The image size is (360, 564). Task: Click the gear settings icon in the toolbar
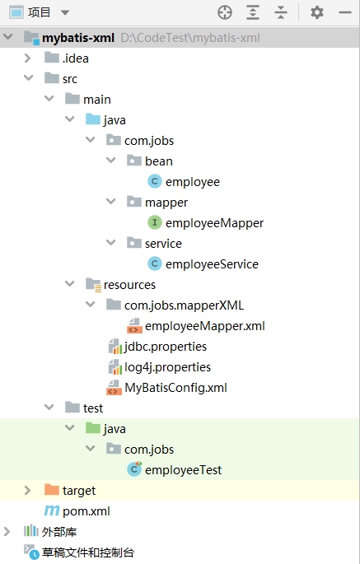(317, 12)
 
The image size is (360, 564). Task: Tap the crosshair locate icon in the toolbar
(225, 12)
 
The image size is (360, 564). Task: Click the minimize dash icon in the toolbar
(345, 12)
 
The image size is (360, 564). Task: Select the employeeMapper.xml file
(205, 326)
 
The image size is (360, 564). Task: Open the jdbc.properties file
(166, 347)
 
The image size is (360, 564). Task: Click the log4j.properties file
(167, 367)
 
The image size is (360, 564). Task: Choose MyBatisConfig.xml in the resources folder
(175, 388)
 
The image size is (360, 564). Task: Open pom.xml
(86, 511)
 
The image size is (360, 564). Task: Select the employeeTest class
(183, 470)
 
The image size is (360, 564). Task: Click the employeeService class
(212, 264)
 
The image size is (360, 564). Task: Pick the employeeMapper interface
(214, 223)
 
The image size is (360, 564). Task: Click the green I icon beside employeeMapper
(154, 222)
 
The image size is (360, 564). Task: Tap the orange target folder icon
(51, 490)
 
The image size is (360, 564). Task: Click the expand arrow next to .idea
(28, 58)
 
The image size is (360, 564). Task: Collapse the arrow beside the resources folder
(69, 284)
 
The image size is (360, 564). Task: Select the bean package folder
(159, 161)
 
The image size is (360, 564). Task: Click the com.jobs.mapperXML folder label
(184, 305)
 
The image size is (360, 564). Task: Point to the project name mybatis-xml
(78, 38)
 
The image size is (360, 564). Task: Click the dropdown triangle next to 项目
(65, 13)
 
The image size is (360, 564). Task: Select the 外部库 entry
(59, 532)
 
